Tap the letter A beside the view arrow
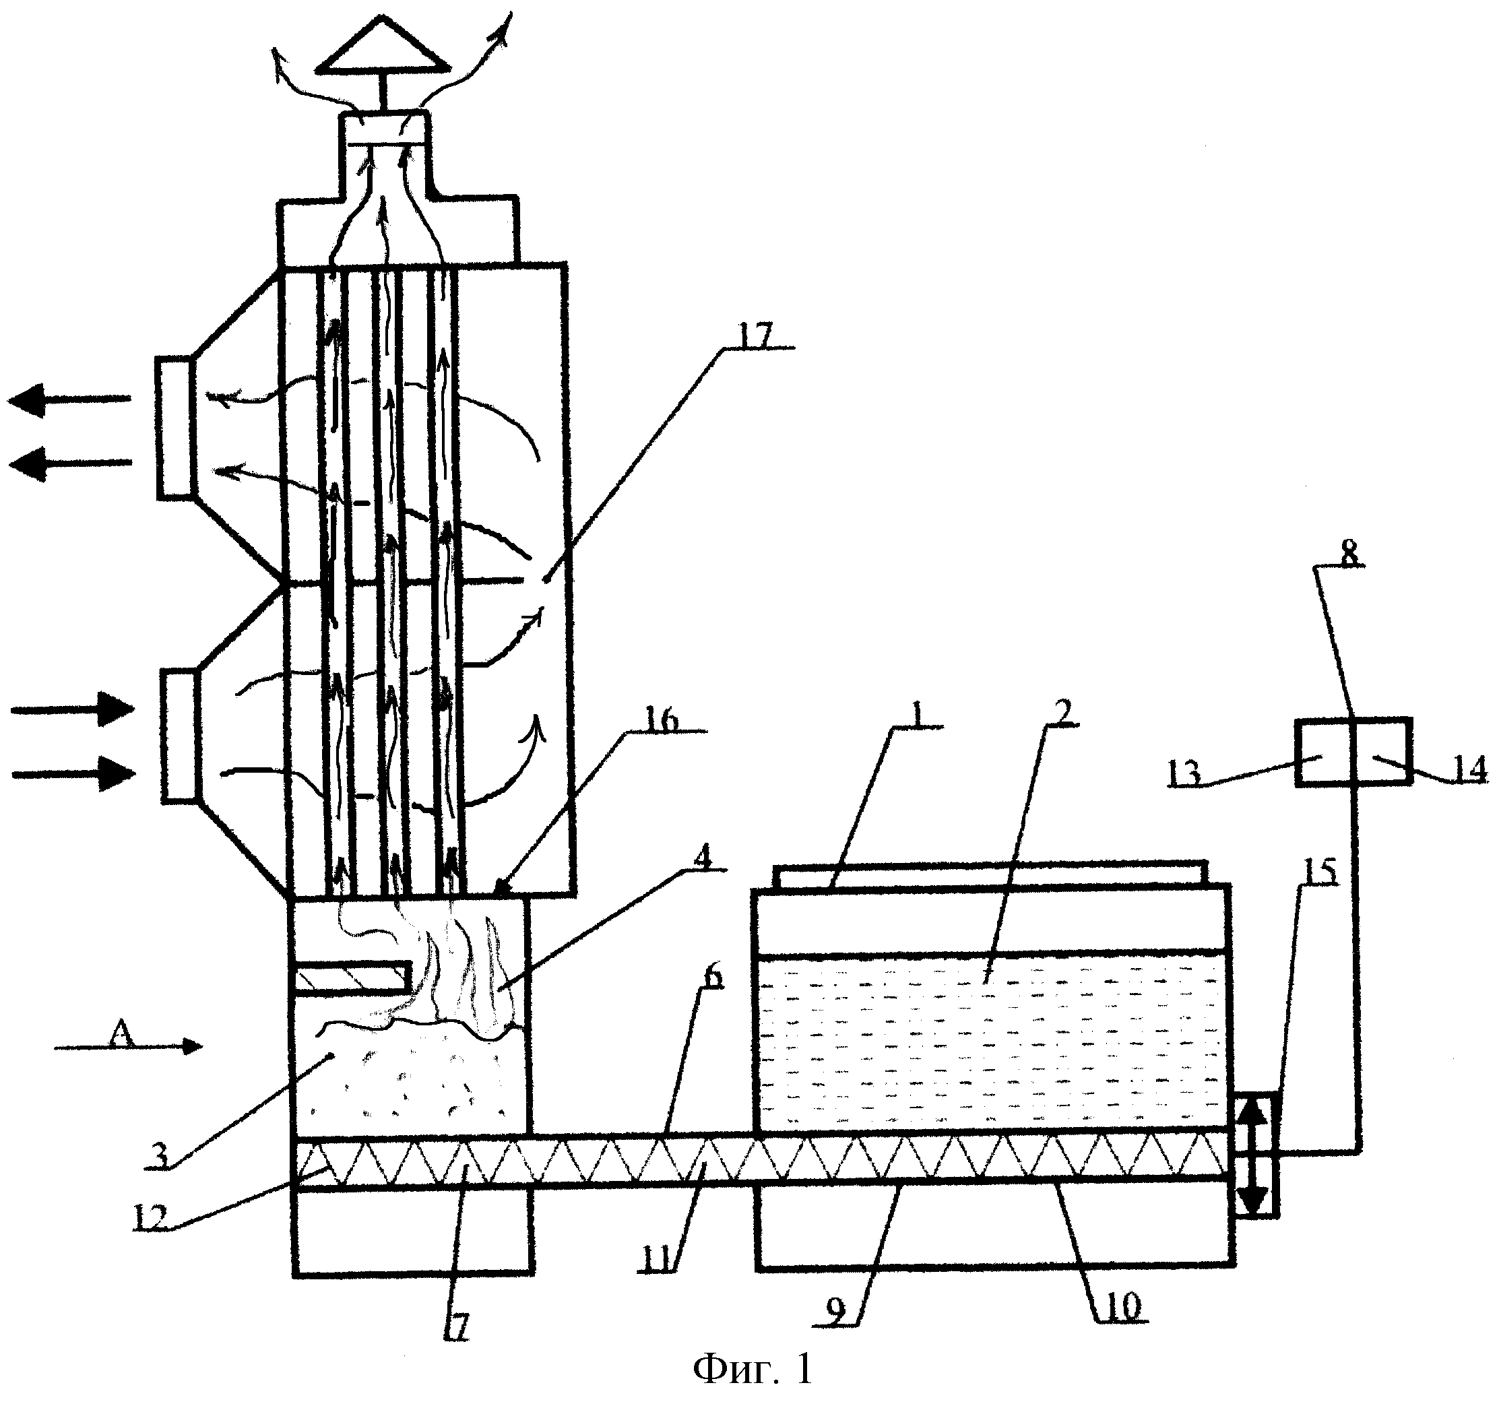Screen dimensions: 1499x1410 [120, 1033]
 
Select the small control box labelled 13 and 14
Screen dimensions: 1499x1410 [1353, 752]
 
